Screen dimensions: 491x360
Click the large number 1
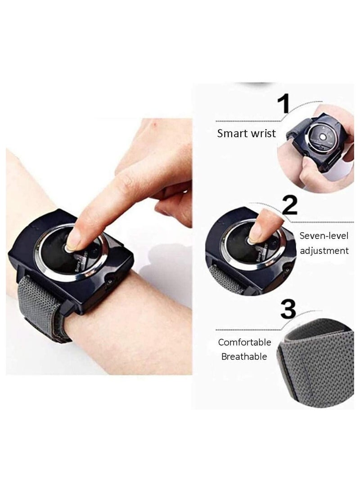pos(283,104)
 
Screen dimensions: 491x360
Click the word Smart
pos(232,133)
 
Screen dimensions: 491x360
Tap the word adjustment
pos(324,251)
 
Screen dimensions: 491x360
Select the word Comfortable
pos(245,342)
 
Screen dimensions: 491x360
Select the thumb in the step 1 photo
pos(310,169)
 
